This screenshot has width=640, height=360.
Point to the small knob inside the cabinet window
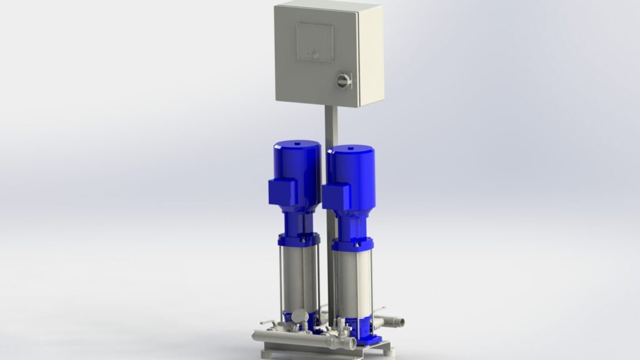tap(315, 54)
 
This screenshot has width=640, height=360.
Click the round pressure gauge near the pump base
tap(299, 316)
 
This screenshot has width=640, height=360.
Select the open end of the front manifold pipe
tap(352, 343)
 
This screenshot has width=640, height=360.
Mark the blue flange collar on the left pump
tap(299, 239)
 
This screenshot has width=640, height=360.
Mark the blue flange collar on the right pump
tap(352, 244)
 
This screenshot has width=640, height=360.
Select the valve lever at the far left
tap(265, 323)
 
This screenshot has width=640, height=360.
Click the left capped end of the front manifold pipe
tap(256, 336)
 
